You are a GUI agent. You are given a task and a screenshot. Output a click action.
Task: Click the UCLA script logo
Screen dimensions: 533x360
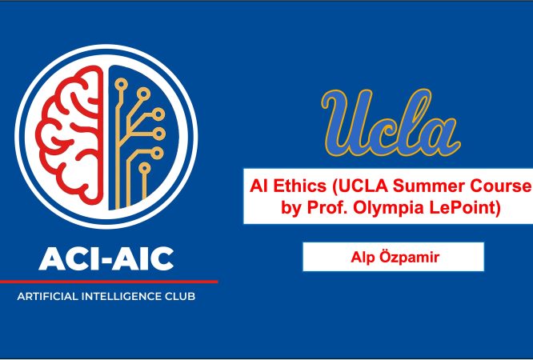[391, 123]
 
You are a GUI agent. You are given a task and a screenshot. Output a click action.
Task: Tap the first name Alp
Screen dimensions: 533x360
[363, 258]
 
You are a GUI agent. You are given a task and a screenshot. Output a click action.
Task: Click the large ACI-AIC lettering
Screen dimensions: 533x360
[106, 259]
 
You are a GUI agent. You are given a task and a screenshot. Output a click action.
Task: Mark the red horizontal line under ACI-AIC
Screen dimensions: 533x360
[109, 282]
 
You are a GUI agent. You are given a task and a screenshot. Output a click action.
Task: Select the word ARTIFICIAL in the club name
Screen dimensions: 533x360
[47, 297]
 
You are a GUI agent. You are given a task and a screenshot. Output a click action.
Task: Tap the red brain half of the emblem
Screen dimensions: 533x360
[70, 135]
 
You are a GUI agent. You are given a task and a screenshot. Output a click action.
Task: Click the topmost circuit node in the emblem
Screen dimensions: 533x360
[121, 84]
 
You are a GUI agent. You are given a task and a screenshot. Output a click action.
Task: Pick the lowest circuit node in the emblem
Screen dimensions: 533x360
[145, 168]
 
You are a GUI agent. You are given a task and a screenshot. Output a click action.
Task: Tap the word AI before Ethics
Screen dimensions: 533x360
[259, 186]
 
